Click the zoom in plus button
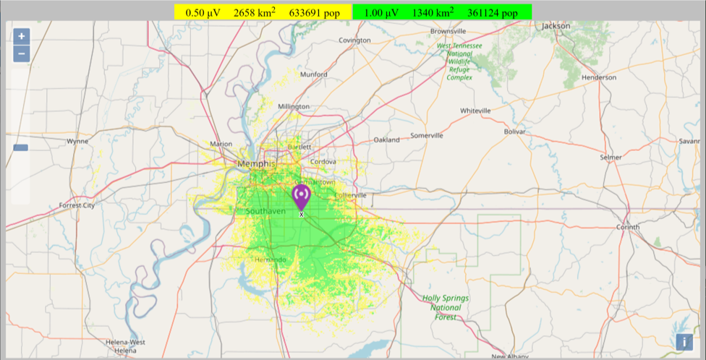coord(22,36)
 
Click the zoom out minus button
coord(22,53)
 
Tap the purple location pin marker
coord(301,196)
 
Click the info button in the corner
coord(684,342)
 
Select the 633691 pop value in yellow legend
coord(314,12)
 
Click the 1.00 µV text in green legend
coord(380,12)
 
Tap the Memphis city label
coord(256,164)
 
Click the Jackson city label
coord(556,26)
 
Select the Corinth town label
coord(627,227)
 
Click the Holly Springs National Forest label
coord(446,307)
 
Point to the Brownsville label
coord(448,32)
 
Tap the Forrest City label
coord(77,205)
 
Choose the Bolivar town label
coord(514,132)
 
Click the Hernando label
coord(271,260)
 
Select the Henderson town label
coord(598,77)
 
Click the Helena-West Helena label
coord(125,346)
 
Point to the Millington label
coord(294,106)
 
